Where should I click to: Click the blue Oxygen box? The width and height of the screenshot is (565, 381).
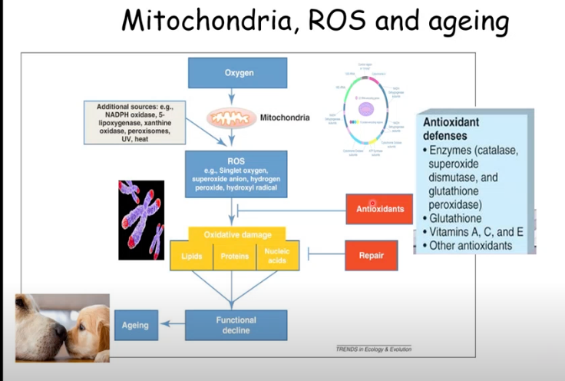click(237, 73)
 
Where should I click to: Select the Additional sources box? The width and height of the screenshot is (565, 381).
click(136, 122)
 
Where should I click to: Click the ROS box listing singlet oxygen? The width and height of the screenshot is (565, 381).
click(237, 174)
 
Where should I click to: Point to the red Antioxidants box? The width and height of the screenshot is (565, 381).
click(380, 209)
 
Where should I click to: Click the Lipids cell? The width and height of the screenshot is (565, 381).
click(191, 256)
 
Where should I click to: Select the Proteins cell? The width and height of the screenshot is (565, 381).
click(235, 256)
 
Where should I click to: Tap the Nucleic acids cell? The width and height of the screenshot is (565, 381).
click(276, 255)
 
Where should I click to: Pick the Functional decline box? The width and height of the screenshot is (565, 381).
click(236, 325)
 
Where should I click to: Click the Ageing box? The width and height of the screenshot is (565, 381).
click(135, 325)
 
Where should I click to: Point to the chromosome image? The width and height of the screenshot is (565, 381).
click(141, 220)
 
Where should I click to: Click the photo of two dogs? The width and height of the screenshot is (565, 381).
click(62, 327)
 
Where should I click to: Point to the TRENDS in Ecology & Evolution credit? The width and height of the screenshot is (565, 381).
click(373, 349)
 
